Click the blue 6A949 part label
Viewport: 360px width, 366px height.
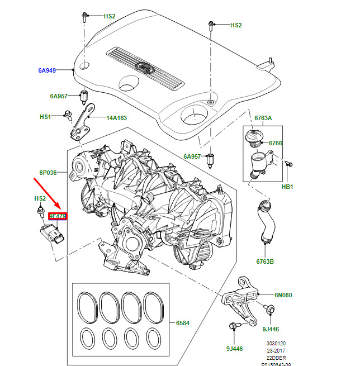[x=47, y=70]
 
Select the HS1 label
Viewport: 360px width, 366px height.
[x=45, y=117]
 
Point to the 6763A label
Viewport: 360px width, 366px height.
[x=263, y=118]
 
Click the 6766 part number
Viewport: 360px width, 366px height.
[x=275, y=143]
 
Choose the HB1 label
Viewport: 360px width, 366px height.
[x=287, y=186]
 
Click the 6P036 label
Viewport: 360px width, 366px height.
[x=48, y=173]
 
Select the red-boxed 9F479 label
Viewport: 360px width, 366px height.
[x=58, y=216]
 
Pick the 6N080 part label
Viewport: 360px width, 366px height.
[x=283, y=295]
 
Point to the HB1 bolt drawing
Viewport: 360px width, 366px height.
[x=288, y=164]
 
